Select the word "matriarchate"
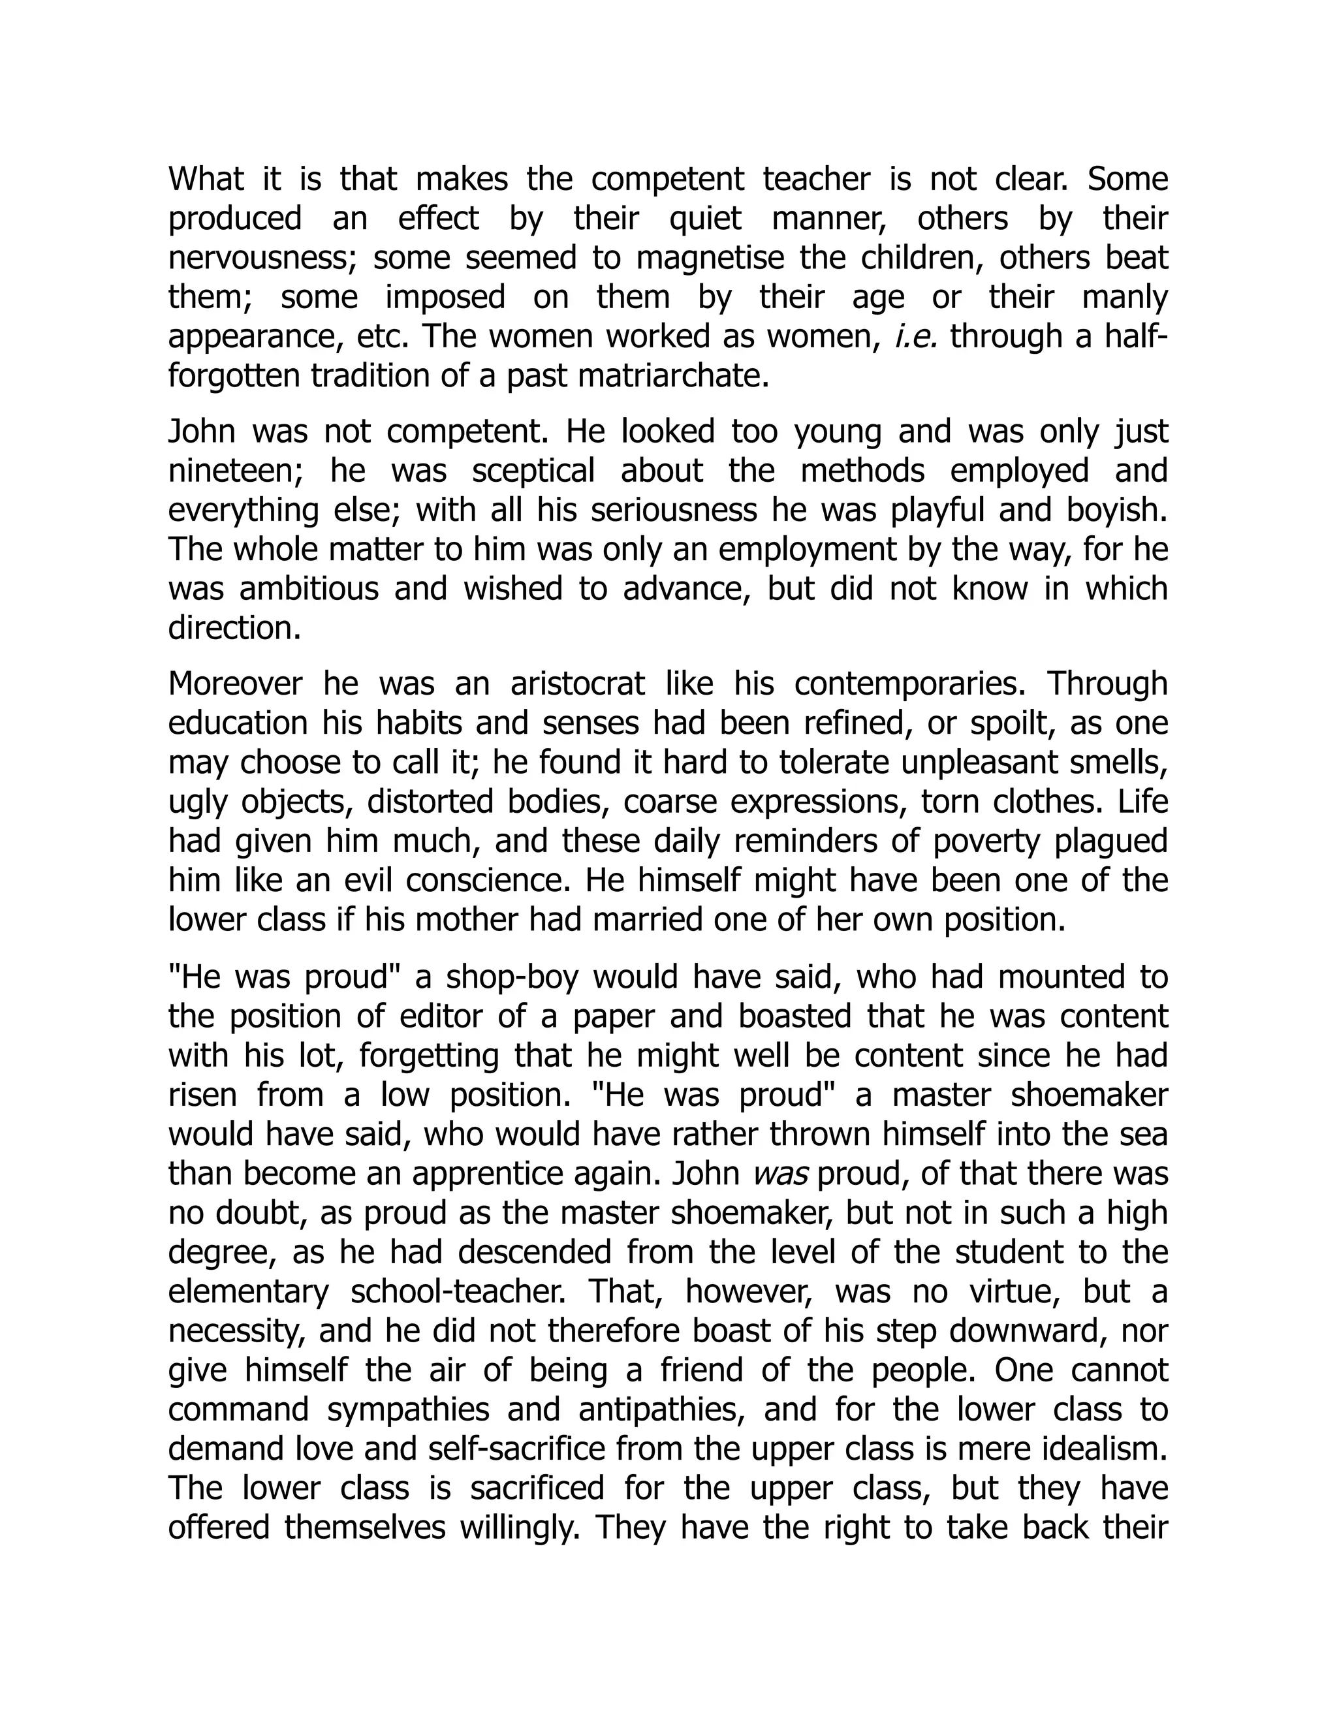tap(672, 376)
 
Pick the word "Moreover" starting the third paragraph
tap(235, 684)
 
